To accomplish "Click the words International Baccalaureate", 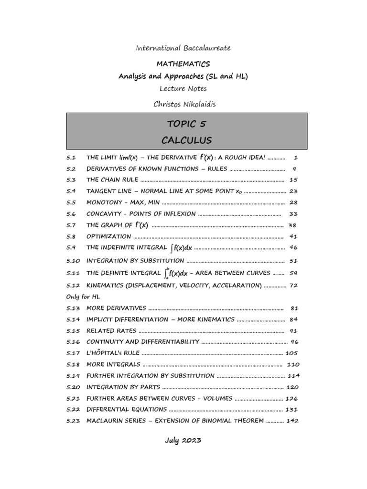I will pos(183,48).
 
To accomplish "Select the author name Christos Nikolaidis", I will pos(183,104).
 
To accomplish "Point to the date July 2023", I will pos(183,440).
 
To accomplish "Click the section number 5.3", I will pos(71,180).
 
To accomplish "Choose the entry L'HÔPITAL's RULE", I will pos(113,353).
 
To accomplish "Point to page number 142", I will pos(292,421).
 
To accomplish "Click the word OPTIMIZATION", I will pos(108,236).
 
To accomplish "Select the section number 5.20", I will pos(73,387).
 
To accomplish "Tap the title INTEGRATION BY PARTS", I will pos(123,387).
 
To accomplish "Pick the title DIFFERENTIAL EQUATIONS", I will pos(127,410).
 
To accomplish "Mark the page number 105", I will pos(292,353).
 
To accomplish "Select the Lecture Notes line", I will pos(183,89).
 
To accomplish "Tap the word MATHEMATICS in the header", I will pos(183,64).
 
